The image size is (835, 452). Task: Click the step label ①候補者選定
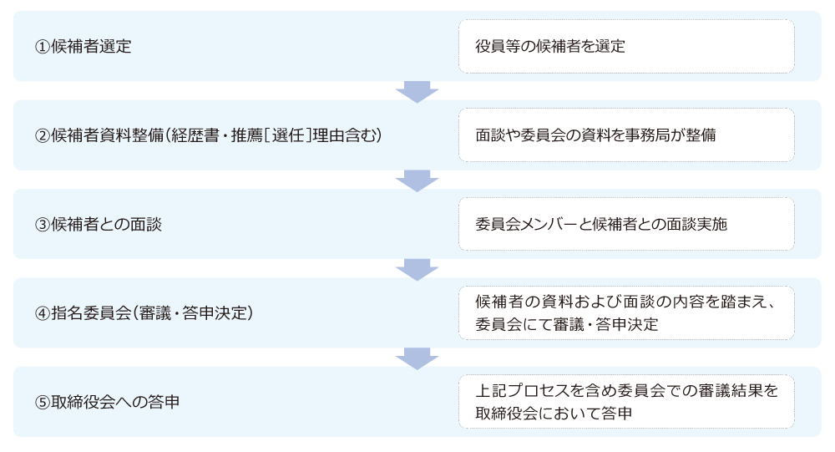tap(83, 47)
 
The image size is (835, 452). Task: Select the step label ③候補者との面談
tap(98, 225)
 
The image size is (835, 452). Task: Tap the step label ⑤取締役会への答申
tap(107, 402)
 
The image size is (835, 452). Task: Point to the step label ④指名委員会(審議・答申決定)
tap(144, 312)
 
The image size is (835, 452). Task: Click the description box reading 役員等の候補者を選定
tap(626, 47)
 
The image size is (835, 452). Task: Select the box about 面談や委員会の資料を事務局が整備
tap(626, 135)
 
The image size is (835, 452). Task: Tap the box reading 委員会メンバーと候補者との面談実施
tap(626, 224)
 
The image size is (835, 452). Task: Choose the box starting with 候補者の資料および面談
tap(626, 312)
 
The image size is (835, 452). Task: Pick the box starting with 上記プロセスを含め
tap(626, 402)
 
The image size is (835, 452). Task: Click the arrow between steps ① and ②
tap(417, 92)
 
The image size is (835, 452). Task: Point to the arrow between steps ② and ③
tap(417, 180)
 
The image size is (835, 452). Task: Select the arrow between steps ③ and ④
tap(417, 270)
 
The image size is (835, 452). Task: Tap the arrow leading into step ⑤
tap(417, 358)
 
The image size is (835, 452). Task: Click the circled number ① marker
tap(42, 47)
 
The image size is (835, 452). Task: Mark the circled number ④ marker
tap(42, 313)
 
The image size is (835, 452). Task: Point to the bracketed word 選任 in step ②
tap(287, 135)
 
